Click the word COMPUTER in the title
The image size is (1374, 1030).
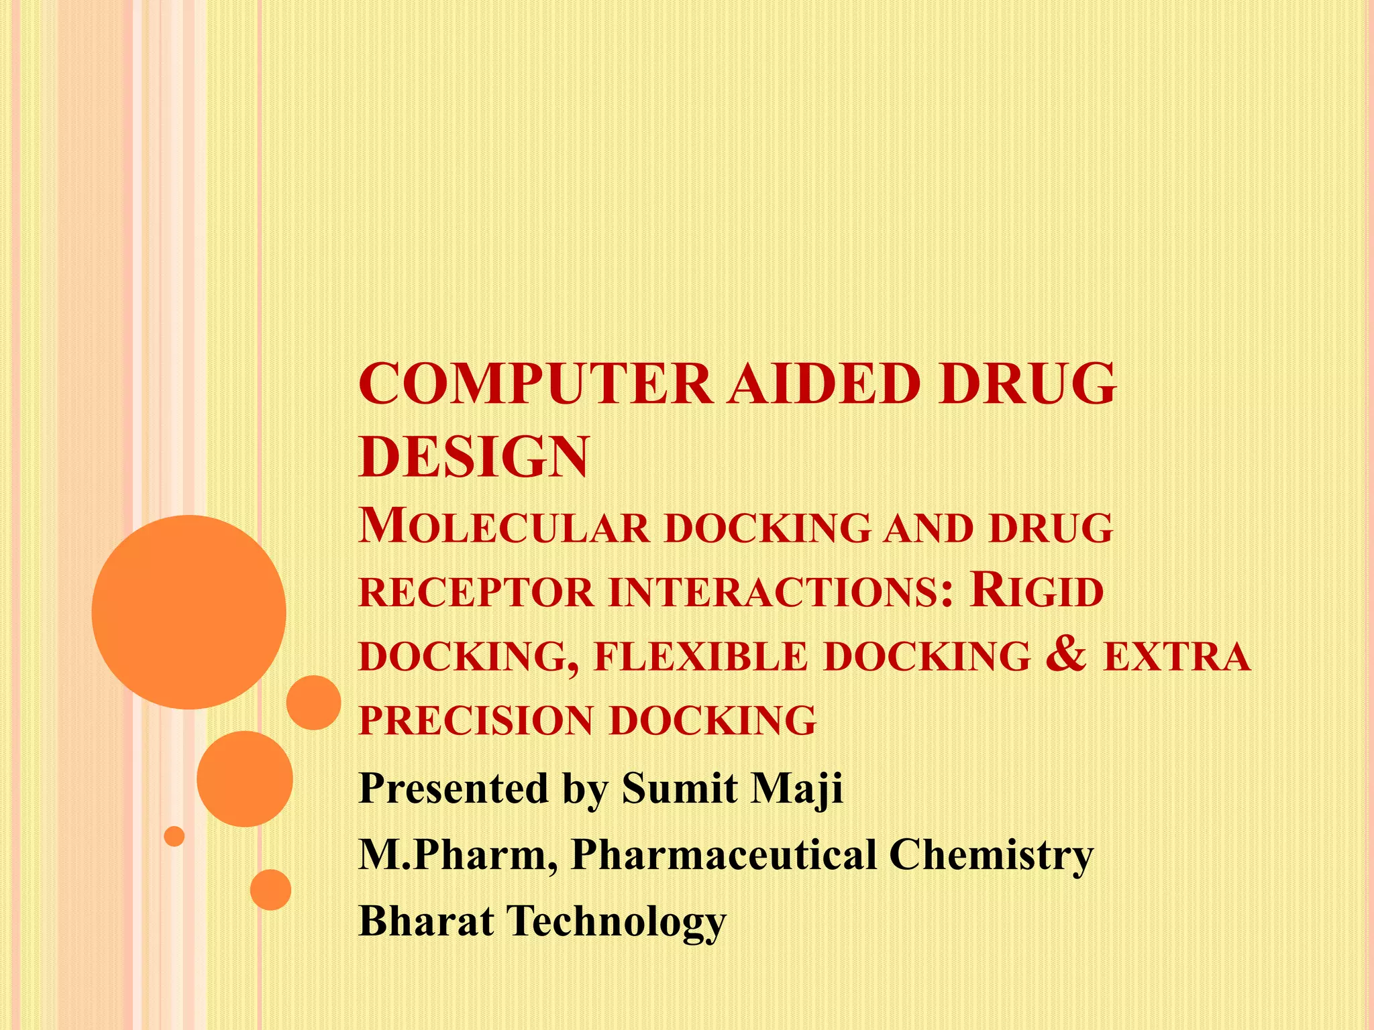point(535,384)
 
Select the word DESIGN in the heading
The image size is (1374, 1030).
point(474,457)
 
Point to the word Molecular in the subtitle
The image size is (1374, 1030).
point(505,527)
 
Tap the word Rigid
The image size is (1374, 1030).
point(1037,591)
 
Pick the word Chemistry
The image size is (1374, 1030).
point(991,856)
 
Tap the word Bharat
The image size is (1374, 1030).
point(427,921)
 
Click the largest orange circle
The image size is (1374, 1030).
point(189,612)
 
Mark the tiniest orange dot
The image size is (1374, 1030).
point(174,836)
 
